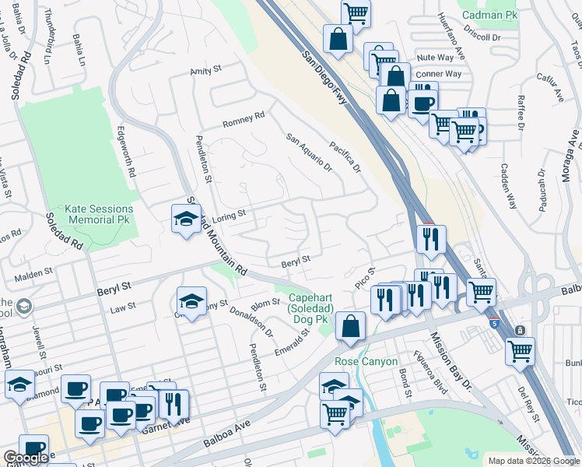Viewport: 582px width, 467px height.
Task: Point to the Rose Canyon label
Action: pos(366,362)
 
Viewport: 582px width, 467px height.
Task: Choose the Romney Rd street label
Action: pos(244,119)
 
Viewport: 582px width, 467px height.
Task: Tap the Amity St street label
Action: pos(206,71)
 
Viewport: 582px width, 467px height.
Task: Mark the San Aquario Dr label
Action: pos(309,153)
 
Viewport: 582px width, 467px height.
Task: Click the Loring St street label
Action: pos(229,213)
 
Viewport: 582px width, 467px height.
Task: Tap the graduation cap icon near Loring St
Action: pos(185,219)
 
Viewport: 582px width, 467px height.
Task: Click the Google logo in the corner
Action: pos(26,458)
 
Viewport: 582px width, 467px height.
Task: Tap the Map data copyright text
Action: pos(533,461)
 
